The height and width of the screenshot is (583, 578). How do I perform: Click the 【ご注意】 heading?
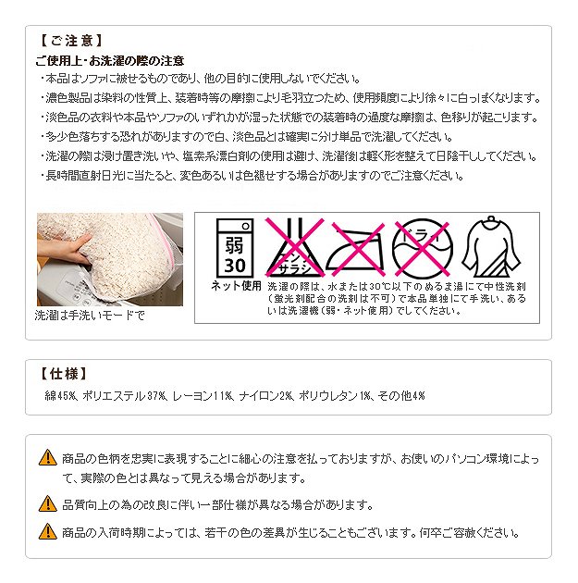(x=70, y=41)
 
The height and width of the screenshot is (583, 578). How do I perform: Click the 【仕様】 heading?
(x=63, y=373)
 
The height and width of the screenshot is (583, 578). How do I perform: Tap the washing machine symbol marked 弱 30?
(x=235, y=248)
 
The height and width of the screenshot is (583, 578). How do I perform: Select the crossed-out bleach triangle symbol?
(x=294, y=247)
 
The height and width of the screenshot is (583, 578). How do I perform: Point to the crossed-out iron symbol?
(x=355, y=248)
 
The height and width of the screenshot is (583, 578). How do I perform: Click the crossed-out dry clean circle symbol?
(x=423, y=248)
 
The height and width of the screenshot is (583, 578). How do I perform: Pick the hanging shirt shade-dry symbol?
(x=491, y=247)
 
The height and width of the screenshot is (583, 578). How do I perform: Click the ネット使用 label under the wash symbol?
(x=236, y=286)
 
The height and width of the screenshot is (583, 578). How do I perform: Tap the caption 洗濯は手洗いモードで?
(x=90, y=316)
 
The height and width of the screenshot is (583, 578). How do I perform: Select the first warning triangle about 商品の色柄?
(x=48, y=458)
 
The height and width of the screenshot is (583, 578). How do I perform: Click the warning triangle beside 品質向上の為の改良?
(x=48, y=503)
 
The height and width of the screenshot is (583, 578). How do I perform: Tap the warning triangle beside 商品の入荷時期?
(x=48, y=531)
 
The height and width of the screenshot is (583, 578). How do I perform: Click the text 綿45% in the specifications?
(x=60, y=396)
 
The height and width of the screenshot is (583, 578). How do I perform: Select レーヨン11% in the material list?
(x=203, y=396)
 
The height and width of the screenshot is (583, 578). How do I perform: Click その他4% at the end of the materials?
(x=401, y=396)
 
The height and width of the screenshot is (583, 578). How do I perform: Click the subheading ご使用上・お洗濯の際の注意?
(x=110, y=60)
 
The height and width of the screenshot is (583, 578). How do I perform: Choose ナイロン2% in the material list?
(x=266, y=396)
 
